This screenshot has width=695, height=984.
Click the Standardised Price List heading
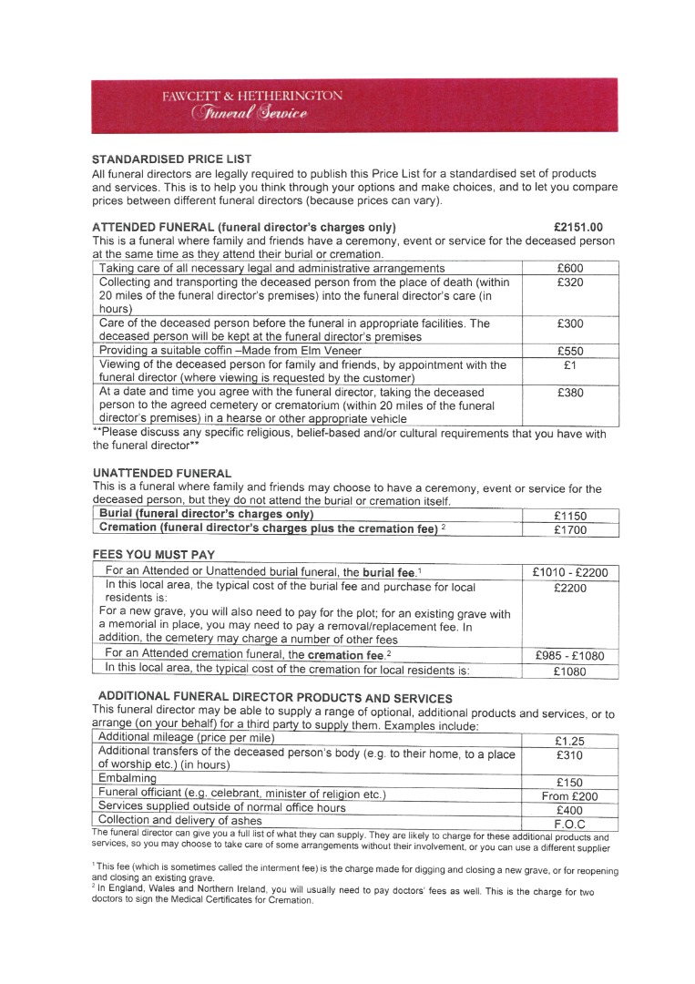point(171,159)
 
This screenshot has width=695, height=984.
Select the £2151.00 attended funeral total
point(577,227)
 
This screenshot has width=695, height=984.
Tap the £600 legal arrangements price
point(570,269)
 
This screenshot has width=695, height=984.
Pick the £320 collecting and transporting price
point(570,283)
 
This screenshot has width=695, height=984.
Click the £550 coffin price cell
point(570,351)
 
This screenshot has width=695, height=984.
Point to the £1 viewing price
point(570,365)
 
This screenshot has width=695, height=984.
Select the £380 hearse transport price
point(570,393)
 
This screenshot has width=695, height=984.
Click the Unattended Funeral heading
point(162,474)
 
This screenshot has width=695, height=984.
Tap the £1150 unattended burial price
point(570,516)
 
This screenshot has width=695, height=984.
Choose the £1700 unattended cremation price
point(570,529)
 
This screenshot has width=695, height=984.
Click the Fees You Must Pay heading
point(153,554)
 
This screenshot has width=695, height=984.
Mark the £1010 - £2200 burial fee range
point(570,572)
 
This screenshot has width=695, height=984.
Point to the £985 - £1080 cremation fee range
point(570,656)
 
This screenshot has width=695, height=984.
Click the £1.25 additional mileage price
point(570,741)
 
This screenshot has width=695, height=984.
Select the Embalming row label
point(128,779)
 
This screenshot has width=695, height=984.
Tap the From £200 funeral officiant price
point(570,796)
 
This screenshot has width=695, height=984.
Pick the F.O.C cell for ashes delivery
point(570,824)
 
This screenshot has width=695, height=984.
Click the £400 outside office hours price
point(570,810)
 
